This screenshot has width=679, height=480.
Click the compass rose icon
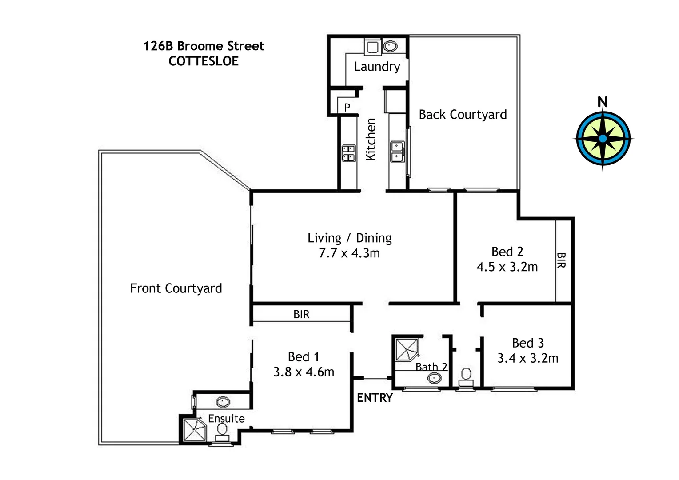tap(603, 138)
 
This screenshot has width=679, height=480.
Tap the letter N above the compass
tap(603, 102)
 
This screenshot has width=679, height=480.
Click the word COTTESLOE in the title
tap(204, 61)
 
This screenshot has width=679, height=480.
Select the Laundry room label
tap(377, 67)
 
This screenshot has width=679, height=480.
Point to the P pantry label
tap(347, 107)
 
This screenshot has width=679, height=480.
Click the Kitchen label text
tap(371, 139)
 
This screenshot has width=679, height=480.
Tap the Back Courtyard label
tap(463, 115)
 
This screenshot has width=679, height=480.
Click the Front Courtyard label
tap(176, 288)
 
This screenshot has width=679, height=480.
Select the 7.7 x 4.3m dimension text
tap(349, 253)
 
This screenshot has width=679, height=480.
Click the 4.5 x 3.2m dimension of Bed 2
tap(507, 267)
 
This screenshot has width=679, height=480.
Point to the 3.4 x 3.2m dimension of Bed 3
tap(527, 358)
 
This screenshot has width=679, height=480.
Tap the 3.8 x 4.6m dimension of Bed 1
tap(304, 372)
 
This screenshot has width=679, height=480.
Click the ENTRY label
tap(375, 398)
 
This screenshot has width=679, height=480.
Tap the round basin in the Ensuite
tap(223, 402)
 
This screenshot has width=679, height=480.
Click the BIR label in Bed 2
tap(561, 260)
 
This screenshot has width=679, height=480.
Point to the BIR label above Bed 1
tap(301, 315)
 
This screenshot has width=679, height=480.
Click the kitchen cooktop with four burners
tap(348, 153)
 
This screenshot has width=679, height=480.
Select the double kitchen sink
tap(396, 151)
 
